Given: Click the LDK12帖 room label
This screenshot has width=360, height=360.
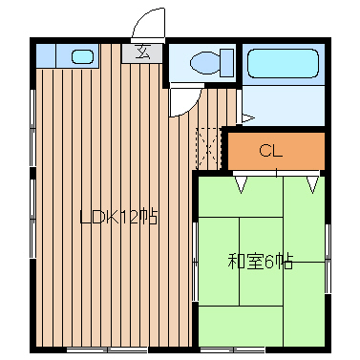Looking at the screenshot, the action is click(118, 218).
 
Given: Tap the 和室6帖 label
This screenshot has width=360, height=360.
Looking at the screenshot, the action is click(260, 262).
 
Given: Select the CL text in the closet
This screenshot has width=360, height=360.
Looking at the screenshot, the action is click(271, 151).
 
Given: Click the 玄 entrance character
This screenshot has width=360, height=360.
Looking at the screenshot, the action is click(142, 52).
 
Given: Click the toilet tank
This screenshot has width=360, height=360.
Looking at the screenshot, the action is click(227, 62).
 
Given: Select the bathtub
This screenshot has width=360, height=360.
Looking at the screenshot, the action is click(283, 63).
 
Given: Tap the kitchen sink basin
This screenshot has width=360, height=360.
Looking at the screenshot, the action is click(82, 56).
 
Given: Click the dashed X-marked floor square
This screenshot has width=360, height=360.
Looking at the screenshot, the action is click(208, 148).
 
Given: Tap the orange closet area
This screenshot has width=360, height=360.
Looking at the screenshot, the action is click(276, 151).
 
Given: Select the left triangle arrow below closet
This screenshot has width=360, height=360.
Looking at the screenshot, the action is click(242, 185).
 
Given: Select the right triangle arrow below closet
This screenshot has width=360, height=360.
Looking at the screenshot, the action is click(312, 185).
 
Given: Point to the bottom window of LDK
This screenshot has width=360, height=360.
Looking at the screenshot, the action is click(107, 350).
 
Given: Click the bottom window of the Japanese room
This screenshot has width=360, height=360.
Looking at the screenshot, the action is click(234, 350).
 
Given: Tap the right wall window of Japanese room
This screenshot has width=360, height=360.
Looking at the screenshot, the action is click(328, 259).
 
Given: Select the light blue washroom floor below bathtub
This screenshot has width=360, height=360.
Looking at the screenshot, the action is click(283, 105).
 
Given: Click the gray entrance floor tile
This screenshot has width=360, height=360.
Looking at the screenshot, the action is click(142, 53).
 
